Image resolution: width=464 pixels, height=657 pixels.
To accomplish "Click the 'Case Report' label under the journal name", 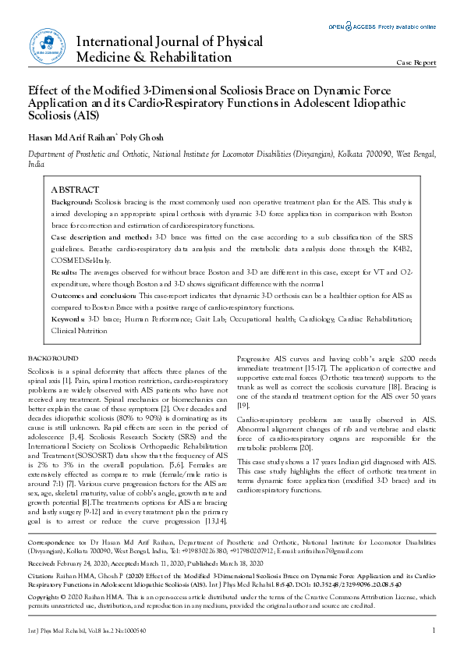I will [416, 62].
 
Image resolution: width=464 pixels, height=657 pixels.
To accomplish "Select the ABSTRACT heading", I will [75, 190].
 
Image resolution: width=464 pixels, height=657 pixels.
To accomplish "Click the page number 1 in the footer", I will [433, 630].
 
